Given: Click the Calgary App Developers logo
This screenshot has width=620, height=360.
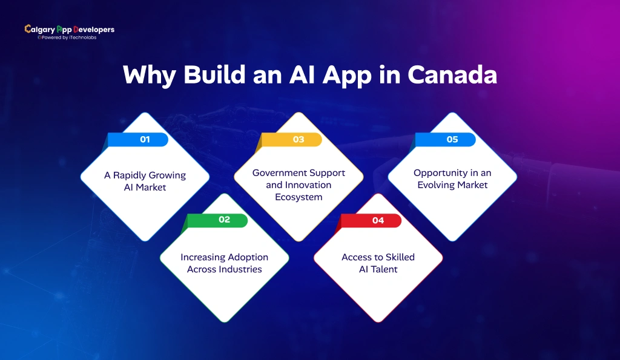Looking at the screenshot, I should tap(69, 30).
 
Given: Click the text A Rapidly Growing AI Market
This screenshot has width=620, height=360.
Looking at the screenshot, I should tap(145, 182).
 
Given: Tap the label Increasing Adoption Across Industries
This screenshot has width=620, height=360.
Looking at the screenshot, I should tap(224, 263).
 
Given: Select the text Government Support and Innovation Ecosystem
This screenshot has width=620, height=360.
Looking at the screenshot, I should tap(298, 185).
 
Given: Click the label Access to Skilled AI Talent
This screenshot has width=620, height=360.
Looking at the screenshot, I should tap(378, 263).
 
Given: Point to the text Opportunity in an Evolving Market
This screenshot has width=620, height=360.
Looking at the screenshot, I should tap(452, 179).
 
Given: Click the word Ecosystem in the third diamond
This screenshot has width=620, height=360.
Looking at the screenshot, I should tap(298, 197).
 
